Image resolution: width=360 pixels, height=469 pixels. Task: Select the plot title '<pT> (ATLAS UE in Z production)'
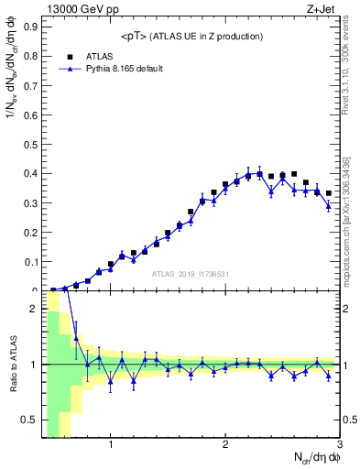[191, 36]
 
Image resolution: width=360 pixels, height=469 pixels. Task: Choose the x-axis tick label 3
[339, 446]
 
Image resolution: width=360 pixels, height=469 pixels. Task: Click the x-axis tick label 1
[111, 446]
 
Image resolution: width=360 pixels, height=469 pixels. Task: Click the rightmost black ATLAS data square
[328, 193]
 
